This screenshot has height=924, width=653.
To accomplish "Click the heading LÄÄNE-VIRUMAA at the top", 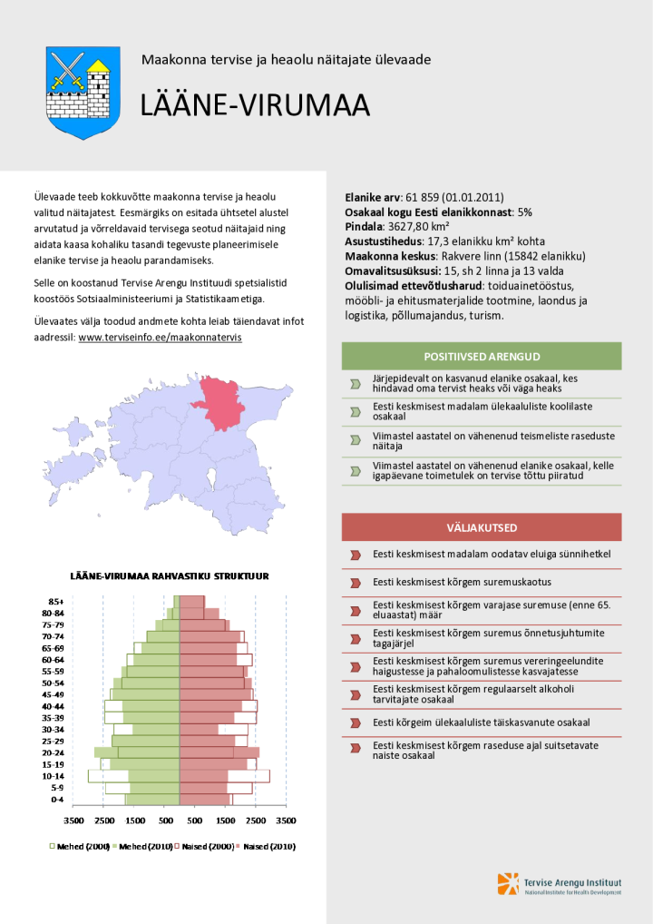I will point(255,106).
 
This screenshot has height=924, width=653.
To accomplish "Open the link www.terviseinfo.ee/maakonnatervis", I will point(160,337).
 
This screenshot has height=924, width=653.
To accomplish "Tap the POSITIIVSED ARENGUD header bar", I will point(482,357).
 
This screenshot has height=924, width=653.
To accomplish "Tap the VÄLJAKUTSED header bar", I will point(482,527).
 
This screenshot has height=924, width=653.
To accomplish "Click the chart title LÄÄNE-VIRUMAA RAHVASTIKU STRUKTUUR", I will point(170,575).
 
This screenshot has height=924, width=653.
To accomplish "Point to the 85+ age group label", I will point(55,601).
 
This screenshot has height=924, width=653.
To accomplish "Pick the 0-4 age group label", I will point(56,800).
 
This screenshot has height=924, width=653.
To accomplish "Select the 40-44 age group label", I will point(54,706).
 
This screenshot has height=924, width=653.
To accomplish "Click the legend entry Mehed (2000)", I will point(79,846).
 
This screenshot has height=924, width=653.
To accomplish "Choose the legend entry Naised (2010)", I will point(264,846).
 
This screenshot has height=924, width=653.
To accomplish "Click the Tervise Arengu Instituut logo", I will point(559,885).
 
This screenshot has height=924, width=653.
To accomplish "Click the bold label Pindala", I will point(365,226).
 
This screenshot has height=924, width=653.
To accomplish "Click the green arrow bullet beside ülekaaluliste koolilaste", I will point(356,411).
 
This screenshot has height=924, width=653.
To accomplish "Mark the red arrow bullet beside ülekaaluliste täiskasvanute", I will point(356,723).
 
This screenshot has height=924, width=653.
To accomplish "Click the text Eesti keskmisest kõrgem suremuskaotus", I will point(462,582).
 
